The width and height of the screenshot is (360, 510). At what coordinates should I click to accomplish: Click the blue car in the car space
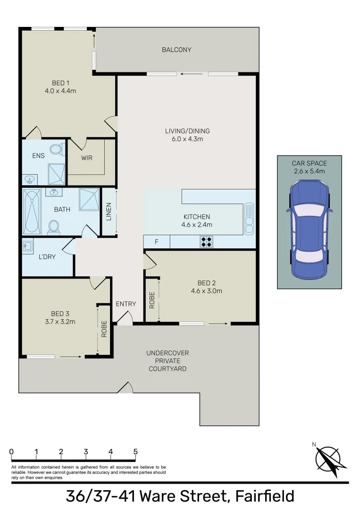pyautogui.click(x=309, y=230)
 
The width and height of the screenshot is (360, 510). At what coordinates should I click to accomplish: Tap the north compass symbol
pyautogui.click(x=328, y=458)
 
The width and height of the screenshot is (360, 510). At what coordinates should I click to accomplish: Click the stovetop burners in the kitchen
pyautogui.click(x=206, y=242)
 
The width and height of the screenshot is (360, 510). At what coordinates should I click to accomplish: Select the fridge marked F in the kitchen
pyautogui.click(x=156, y=242)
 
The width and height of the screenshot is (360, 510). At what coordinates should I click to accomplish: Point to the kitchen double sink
pyautogui.click(x=249, y=218)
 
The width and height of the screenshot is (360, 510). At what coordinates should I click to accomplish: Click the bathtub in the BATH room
pyautogui.click(x=32, y=211)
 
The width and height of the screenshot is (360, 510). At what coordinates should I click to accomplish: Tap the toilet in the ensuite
pyautogui.click(x=57, y=149)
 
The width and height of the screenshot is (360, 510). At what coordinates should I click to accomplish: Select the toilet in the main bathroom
pyautogui.click(x=54, y=228)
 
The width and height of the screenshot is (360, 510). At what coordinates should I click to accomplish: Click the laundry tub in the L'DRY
pyautogui.click(x=27, y=245)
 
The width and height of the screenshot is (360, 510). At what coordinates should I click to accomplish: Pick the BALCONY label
pyautogui.click(x=176, y=50)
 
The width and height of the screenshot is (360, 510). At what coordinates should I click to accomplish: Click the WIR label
pyautogui.click(x=87, y=158)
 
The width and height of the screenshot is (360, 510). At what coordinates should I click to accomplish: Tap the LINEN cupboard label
pyautogui.click(x=109, y=212)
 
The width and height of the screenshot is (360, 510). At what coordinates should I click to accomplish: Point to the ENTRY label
pyautogui.click(x=126, y=304)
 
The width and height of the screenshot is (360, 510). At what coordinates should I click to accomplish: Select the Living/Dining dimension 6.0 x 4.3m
pyautogui.click(x=187, y=139)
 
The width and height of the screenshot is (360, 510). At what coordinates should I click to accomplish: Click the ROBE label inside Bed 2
pyautogui.click(x=152, y=300)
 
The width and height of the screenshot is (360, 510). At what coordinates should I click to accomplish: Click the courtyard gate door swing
pyautogui.click(x=125, y=388)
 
